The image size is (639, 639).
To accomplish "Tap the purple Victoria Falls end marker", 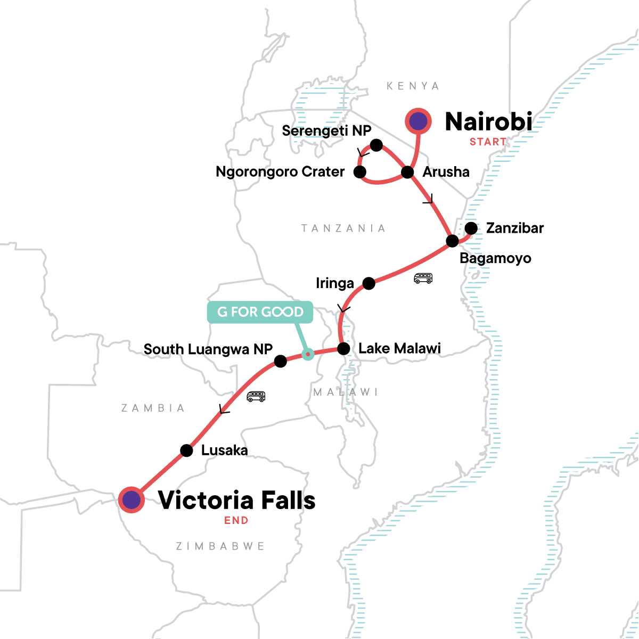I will point(132,500).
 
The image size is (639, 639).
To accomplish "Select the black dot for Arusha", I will point(407,172).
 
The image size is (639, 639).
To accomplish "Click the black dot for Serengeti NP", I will point(376,145).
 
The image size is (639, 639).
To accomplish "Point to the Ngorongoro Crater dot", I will point(360,171).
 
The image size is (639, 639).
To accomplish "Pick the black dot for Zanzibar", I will point(471,228).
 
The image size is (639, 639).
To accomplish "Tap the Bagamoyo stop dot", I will point(452,241).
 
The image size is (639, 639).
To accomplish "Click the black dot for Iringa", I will point(368,283).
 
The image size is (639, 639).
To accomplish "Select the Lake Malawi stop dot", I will point(343,349).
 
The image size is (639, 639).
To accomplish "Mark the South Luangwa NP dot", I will point(281,362).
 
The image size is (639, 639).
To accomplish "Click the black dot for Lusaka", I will point(186,450).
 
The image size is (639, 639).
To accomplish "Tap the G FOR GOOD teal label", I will point(260,312).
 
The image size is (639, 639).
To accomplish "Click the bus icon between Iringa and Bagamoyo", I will point(423,278).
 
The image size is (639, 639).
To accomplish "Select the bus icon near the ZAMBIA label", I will point(256,396).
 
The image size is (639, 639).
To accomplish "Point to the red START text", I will point(488,142).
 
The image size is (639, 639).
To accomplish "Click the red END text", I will point(236,520).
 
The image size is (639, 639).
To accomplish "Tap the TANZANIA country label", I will point(343,228).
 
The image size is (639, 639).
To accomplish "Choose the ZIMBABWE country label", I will point(220,546).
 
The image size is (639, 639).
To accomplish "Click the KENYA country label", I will point(413,86).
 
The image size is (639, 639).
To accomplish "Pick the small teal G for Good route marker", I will point(307,354).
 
